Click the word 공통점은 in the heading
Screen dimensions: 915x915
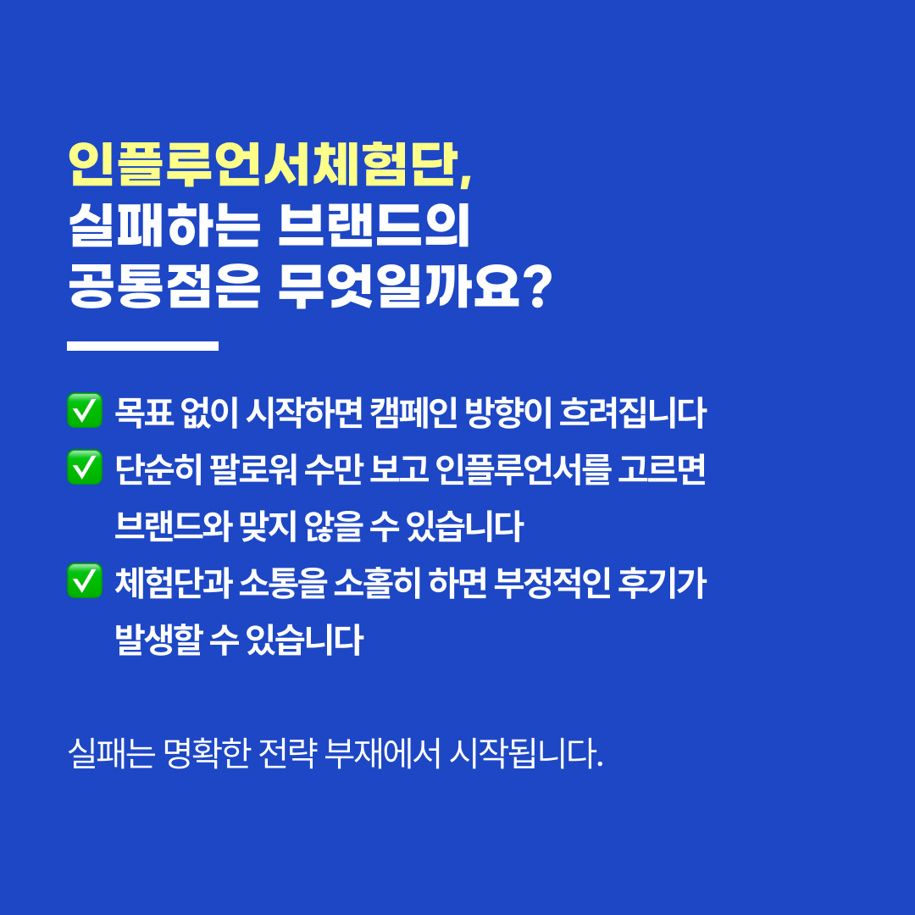tap(164, 286)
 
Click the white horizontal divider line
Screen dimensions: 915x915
tap(143, 346)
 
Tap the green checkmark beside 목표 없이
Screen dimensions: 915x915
tap(85, 411)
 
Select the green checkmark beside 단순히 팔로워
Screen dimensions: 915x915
tap(85, 468)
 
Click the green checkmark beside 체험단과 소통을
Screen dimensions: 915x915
tap(85, 580)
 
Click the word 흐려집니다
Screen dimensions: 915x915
tap(633, 412)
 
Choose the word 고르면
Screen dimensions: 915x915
tap(662, 469)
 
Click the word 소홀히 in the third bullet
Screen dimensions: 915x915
tap(377, 582)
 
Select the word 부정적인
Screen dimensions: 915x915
tap(552, 582)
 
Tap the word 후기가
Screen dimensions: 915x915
tap(662, 582)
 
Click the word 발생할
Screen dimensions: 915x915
tap(158, 639)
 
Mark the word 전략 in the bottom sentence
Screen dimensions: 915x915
tap(287, 753)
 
